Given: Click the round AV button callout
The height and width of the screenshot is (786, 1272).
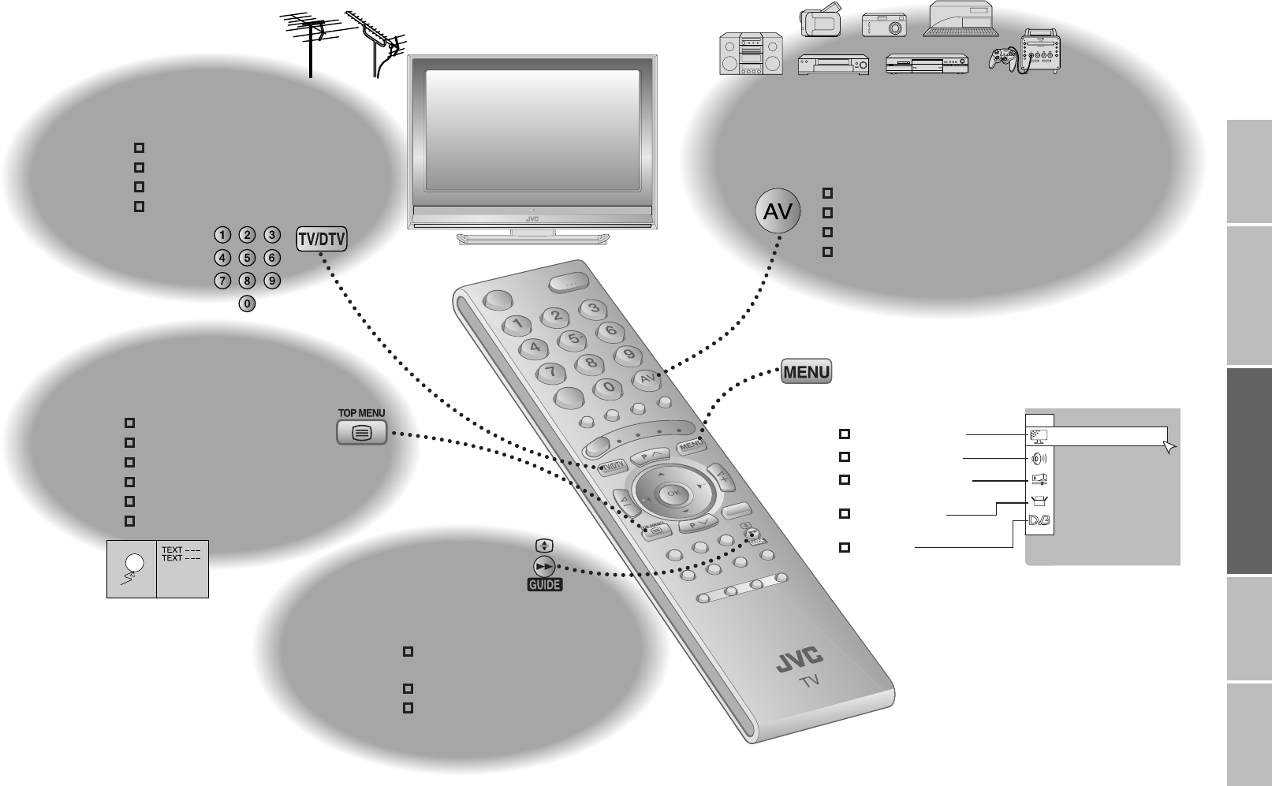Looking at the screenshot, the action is (778, 211).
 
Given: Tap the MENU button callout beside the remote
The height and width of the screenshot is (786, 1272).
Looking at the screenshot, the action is (807, 371).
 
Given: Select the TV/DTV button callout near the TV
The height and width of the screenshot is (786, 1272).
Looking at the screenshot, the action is (322, 239).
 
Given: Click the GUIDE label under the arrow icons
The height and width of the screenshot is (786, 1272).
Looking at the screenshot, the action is (544, 585).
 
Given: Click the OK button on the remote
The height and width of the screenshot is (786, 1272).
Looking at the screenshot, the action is (673, 493).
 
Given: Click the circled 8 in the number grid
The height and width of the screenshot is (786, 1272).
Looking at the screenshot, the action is (247, 280).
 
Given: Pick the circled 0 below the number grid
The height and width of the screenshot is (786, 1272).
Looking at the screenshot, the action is (247, 303).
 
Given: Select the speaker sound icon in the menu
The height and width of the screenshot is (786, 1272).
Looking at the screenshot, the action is (1039, 458).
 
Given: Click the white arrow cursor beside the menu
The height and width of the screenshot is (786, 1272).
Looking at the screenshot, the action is (1169, 447).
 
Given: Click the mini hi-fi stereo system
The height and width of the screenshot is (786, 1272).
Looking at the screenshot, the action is (751, 54).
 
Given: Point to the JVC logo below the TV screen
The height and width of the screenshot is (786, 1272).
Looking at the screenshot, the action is (532, 219).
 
